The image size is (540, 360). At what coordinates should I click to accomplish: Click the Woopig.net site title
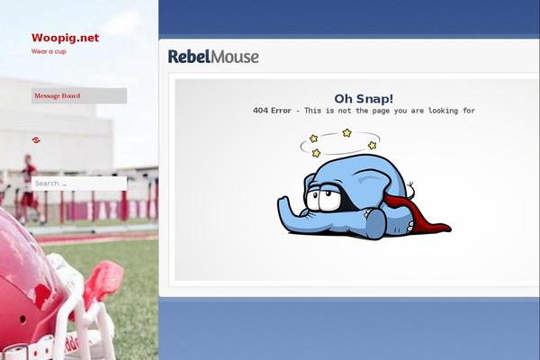click(65, 38)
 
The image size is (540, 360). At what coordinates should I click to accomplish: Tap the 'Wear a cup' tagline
click(49, 51)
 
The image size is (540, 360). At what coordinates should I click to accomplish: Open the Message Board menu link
click(58, 95)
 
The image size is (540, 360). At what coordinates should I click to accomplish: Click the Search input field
click(79, 184)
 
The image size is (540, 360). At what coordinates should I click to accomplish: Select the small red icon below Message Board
click(36, 139)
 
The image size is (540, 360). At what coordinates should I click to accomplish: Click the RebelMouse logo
click(213, 57)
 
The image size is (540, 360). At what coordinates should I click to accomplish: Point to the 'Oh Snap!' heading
click(364, 99)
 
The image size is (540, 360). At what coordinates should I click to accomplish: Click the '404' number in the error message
click(260, 111)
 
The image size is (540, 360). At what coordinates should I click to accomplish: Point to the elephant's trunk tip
click(283, 201)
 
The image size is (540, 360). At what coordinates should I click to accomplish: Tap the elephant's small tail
click(411, 188)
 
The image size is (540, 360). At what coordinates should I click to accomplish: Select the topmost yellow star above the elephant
click(346, 132)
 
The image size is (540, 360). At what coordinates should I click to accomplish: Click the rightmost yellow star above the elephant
click(373, 145)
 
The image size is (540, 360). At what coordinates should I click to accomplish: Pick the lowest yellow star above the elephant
click(316, 153)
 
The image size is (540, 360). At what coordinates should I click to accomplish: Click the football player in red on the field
click(30, 188)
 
